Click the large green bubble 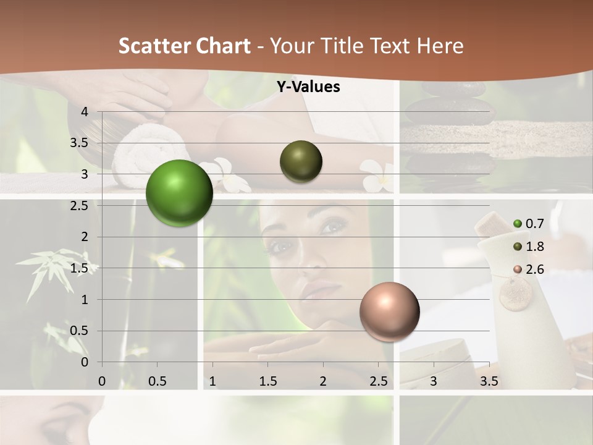(x=180, y=193)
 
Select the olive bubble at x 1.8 (x=301, y=161)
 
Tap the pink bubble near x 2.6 (x=389, y=311)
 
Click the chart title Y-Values (x=308, y=87)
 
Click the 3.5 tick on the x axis (x=489, y=381)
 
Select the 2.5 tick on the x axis (x=378, y=381)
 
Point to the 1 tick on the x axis (x=212, y=381)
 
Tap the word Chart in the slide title (x=224, y=46)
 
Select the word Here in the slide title (x=440, y=46)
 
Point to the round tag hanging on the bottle (x=515, y=294)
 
